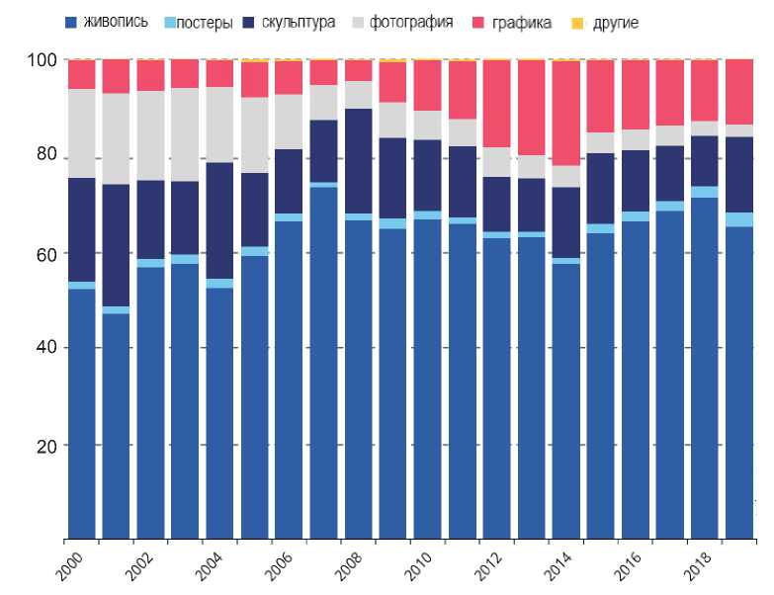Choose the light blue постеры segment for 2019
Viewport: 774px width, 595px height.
click(738, 219)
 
